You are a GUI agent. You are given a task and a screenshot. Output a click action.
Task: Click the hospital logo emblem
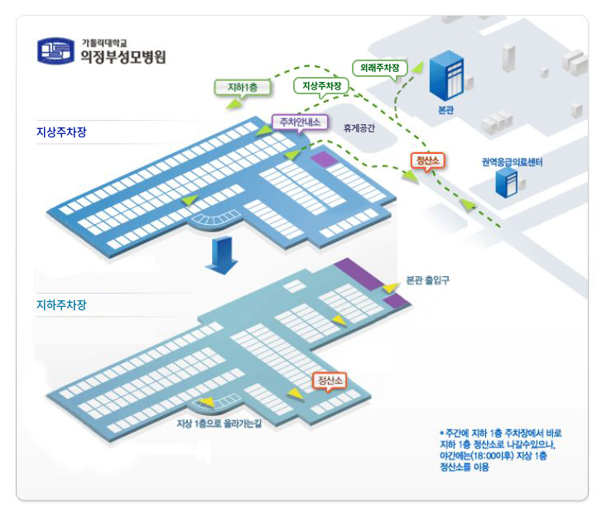tap(55, 50)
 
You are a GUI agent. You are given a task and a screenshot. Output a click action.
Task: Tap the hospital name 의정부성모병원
tap(123, 57)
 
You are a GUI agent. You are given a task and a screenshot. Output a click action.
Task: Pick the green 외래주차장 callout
tap(381, 66)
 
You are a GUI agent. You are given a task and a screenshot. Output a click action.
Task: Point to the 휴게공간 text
tap(359, 128)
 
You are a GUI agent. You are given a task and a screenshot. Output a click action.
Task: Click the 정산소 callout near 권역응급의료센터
tap(428, 160)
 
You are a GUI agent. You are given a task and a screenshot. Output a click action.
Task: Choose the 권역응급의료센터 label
tap(512, 163)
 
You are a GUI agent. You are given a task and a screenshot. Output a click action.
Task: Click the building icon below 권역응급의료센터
tap(506, 184)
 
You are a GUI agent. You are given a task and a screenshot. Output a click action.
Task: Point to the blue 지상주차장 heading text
tap(61, 132)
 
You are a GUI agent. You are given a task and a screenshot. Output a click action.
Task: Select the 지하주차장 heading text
tap(61, 305)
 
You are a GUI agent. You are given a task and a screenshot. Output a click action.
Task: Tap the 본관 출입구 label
tap(427, 280)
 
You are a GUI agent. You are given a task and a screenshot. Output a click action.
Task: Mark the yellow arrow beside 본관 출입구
tap(389, 287)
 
